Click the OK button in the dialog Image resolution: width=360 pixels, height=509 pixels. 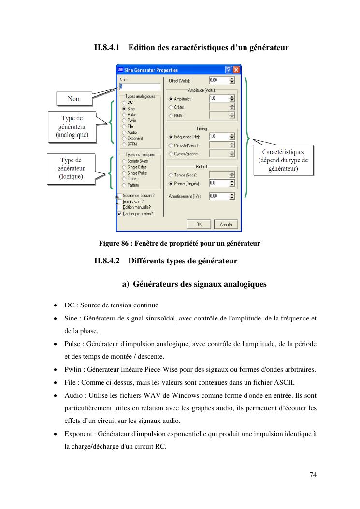coord(199,224)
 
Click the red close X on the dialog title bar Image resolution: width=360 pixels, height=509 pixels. coord(236,70)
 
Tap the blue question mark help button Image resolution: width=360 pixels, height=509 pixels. coord(228,70)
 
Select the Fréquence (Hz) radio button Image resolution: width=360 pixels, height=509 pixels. coord(170,137)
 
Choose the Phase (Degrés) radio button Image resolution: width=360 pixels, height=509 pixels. coord(170,184)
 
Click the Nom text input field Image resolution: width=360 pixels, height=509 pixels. coord(140,87)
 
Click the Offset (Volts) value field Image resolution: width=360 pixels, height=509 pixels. coord(218,80)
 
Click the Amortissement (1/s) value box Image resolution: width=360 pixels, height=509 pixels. coord(218,196)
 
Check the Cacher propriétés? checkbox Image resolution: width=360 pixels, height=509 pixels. coord(119,214)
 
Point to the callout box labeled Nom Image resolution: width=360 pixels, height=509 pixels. coord(74,99)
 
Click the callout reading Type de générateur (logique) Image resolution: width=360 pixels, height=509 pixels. coord(71,169)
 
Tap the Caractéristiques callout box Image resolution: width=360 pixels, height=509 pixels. coord(283,160)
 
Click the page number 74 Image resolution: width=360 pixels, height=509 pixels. coord(313,475)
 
